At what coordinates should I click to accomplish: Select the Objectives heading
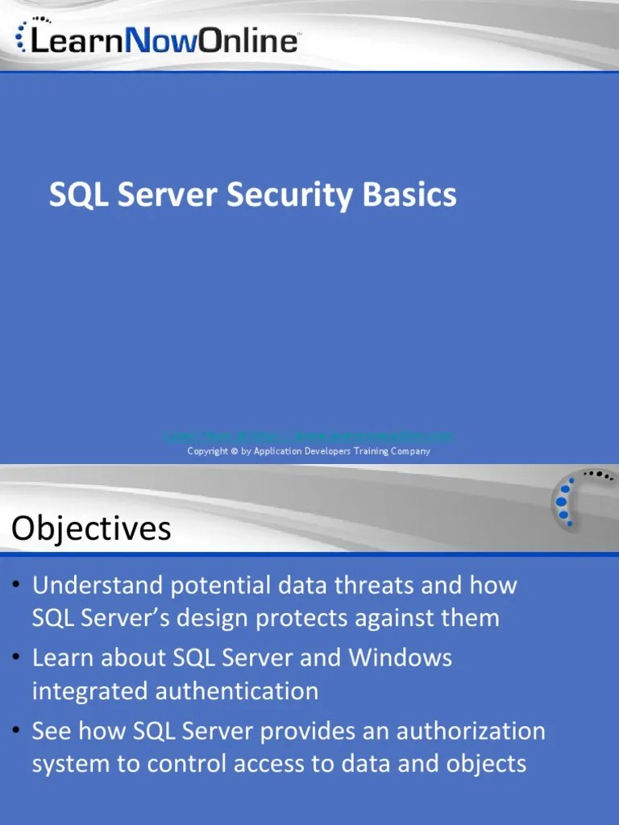pyautogui.click(x=91, y=529)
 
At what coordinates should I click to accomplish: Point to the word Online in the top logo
pyautogui.click(x=248, y=40)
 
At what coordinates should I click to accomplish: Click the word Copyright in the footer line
pyautogui.click(x=208, y=451)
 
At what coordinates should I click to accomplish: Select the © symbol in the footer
pyautogui.click(x=234, y=451)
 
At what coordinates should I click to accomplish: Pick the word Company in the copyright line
pyautogui.click(x=410, y=451)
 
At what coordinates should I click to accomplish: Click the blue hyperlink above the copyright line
pyautogui.click(x=309, y=436)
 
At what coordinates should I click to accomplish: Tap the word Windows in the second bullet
pyautogui.click(x=400, y=657)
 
